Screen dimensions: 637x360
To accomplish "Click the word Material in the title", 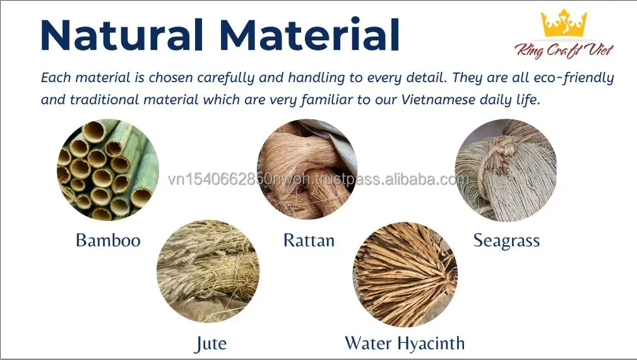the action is point(309,34).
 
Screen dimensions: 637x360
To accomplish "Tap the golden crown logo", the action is point(564,23).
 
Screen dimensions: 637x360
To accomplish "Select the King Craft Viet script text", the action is point(564,51).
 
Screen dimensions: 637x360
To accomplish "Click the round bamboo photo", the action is point(108,170).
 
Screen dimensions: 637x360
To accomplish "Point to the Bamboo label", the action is point(108,240).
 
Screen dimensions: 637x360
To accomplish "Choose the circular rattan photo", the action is point(307,169).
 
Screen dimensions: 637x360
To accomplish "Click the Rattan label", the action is point(309,240).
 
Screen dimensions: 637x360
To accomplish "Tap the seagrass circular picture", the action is point(506,170).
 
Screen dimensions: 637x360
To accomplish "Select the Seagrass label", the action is point(506,241).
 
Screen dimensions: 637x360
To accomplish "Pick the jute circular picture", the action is point(208,272).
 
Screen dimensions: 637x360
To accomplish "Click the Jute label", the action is point(210,344).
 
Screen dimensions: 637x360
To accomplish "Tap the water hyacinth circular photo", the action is point(405,275).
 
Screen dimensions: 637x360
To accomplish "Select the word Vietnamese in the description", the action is point(438,100).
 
